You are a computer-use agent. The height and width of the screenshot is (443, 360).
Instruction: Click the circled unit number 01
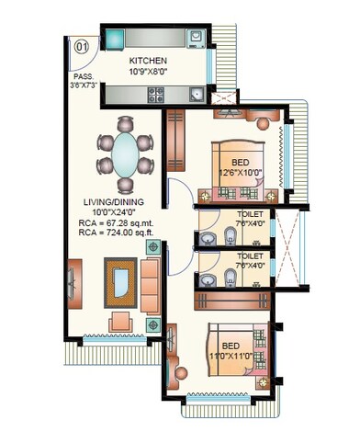coord(82,44)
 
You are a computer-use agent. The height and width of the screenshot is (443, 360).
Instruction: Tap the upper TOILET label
coord(250,215)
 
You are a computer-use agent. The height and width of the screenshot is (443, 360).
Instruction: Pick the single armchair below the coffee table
coord(119,321)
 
